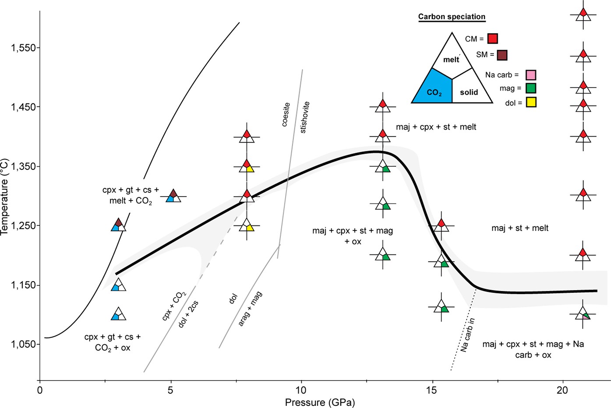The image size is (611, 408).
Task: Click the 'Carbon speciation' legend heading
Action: coord(452,17)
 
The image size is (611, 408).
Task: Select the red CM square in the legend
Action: coord(493,39)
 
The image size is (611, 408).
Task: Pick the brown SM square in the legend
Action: coord(502,55)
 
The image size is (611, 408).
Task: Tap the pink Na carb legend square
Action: coord(531,75)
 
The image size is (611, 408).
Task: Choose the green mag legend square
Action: coord(531,88)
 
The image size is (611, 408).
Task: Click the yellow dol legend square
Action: coord(531,103)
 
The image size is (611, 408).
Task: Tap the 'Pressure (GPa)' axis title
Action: coord(320,402)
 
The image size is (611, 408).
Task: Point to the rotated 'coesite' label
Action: coord(286,115)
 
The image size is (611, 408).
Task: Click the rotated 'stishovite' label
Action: coord(305,117)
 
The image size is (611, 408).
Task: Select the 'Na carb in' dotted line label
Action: coord(468,335)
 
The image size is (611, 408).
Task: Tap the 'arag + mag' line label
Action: coord(250,309)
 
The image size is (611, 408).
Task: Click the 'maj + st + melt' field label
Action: coord(520,228)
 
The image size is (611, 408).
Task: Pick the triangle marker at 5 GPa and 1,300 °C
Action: coord(173,196)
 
